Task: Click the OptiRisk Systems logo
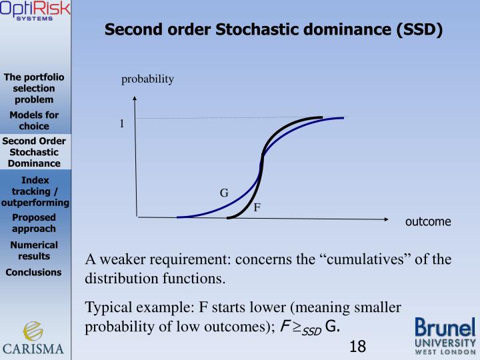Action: click(35, 12)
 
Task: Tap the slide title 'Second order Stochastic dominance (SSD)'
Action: click(273, 30)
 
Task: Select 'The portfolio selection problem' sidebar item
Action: click(34, 88)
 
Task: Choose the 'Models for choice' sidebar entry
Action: click(34, 121)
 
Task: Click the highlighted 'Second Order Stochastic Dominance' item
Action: click(34, 152)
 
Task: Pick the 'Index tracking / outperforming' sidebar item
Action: click(35, 191)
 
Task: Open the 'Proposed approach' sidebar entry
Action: click(34, 223)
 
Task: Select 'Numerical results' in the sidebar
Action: click(34, 250)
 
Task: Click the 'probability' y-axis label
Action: click(147, 80)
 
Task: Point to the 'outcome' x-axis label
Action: click(428, 222)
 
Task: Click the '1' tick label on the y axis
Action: click(122, 123)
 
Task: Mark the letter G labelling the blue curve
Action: click(225, 193)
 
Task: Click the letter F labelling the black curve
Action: click(257, 207)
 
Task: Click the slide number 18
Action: click(357, 346)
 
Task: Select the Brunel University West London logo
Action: click(445, 335)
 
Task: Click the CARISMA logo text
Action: click(34, 348)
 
